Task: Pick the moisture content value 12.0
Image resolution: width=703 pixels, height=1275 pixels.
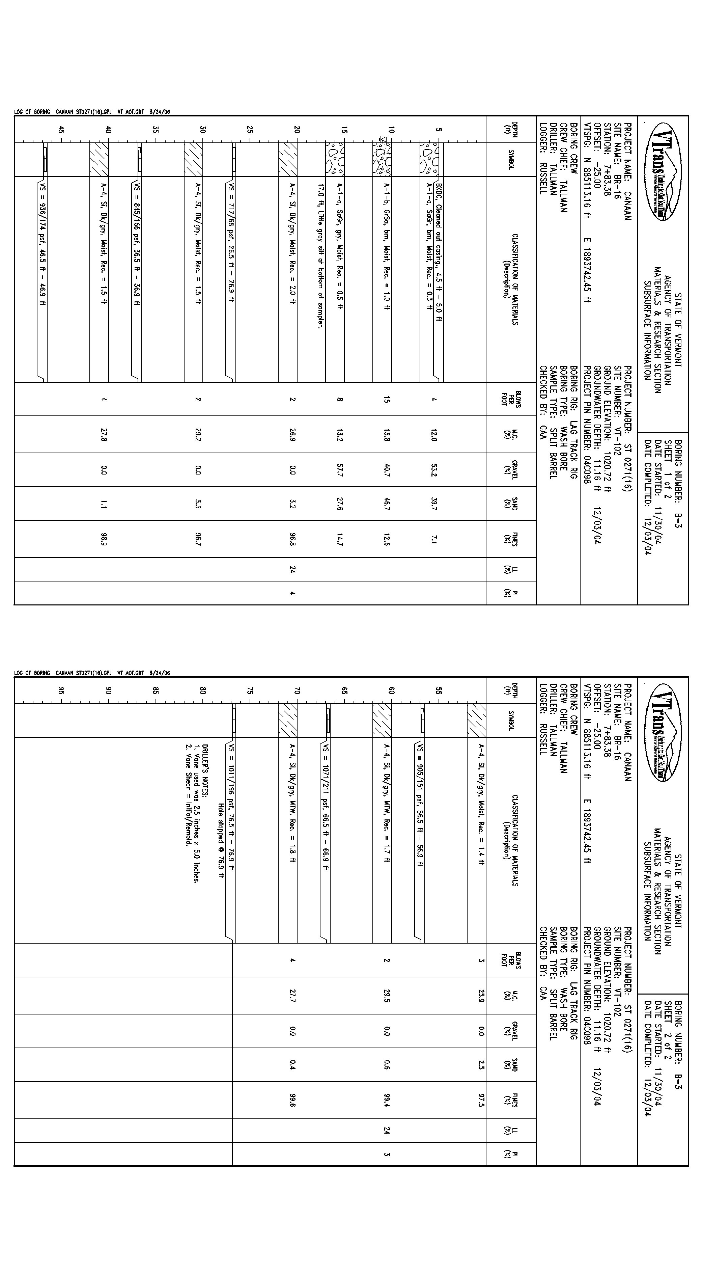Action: (434, 436)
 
